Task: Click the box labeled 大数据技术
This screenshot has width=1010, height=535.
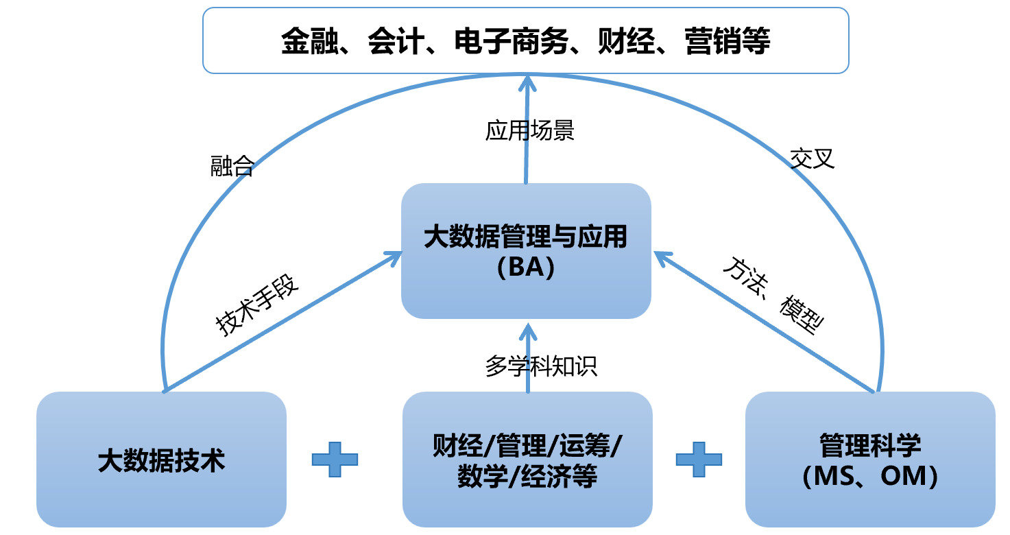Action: [161, 459]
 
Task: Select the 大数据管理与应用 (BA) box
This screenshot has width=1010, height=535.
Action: [526, 250]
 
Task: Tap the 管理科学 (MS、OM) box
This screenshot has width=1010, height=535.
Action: [870, 459]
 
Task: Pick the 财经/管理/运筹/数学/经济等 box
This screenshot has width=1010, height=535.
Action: [527, 459]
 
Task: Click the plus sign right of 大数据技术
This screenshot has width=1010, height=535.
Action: [335, 460]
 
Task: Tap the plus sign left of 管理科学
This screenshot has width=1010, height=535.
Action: [699, 460]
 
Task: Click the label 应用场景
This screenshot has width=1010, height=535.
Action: [530, 130]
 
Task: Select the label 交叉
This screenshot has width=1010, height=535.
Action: [813, 159]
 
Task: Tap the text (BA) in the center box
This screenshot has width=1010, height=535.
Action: [526, 267]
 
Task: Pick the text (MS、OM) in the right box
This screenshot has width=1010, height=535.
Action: [870, 476]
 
